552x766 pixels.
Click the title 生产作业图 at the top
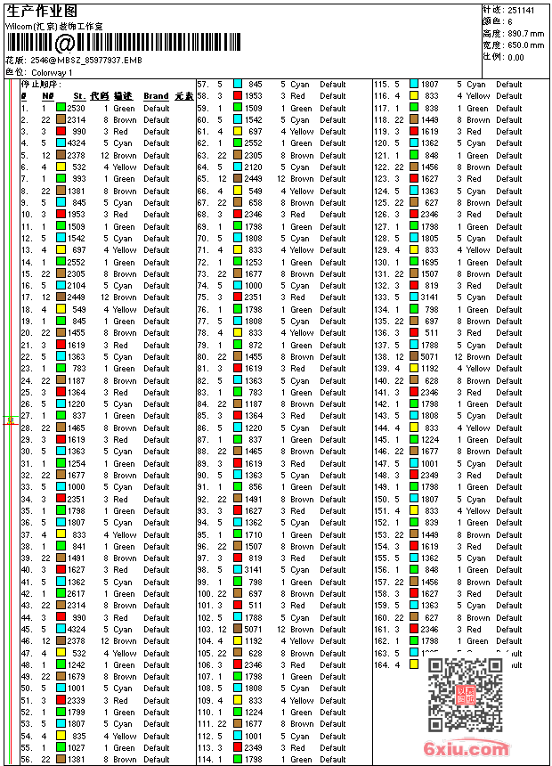(42, 11)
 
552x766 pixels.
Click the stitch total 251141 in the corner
(521, 11)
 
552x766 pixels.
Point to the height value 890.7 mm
(525, 34)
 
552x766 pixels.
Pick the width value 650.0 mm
(525, 45)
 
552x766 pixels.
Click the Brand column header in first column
(156, 96)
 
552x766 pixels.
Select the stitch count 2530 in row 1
(77, 108)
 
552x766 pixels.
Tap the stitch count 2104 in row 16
(77, 286)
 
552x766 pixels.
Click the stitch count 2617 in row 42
(77, 594)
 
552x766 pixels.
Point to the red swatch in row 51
(61, 701)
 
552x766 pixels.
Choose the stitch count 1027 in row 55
(77, 748)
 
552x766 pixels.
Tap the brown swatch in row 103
(238, 630)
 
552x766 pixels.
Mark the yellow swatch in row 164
(414, 664)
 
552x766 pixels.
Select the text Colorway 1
(53, 71)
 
